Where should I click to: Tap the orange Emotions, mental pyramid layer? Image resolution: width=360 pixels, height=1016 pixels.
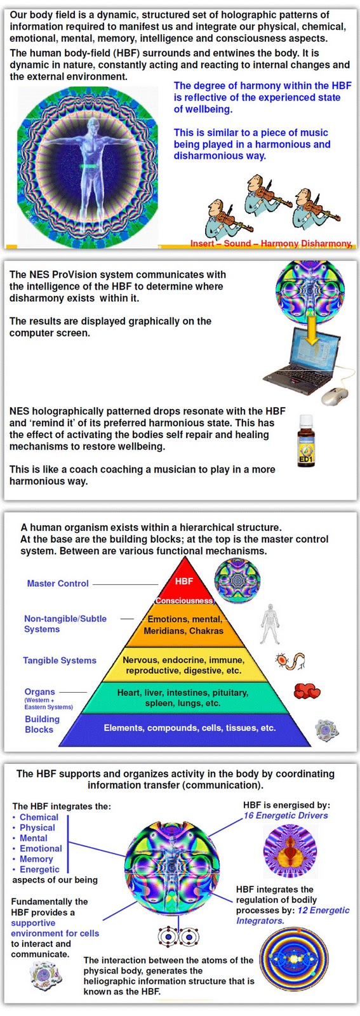click(184, 625)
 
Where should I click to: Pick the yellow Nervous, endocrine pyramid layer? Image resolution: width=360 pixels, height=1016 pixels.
click(183, 665)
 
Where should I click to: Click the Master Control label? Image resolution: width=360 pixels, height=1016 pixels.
click(58, 584)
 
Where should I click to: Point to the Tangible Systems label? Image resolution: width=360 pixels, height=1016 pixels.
click(60, 660)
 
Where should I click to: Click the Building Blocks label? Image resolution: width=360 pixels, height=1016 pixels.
click(42, 725)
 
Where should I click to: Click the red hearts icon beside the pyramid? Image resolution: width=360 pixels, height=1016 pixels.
click(307, 692)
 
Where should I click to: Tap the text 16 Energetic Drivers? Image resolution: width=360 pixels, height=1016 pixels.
click(286, 815)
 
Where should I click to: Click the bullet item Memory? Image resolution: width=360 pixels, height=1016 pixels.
click(36, 859)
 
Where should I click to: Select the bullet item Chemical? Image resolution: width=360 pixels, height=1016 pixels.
click(39, 817)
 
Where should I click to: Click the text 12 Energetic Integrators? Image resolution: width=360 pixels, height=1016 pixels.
click(293, 916)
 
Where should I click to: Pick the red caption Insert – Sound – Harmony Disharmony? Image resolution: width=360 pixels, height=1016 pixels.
click(271, 244)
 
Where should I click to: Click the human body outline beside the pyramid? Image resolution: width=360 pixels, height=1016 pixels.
click(270, 624)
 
